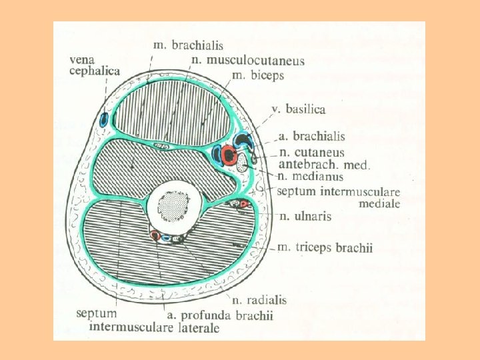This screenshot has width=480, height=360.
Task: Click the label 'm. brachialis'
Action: (188, 45)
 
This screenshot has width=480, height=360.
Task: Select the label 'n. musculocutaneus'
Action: (247, 61)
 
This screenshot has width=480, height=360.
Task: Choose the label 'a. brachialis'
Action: (311, 137)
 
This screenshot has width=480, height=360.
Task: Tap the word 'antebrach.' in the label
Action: (301, 164)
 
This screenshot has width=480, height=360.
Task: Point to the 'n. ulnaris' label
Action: (304, 216)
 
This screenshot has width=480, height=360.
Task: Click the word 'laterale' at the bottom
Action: (195, 327)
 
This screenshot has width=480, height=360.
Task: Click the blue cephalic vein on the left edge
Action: (103, 121)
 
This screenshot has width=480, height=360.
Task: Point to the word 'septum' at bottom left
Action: (97, 313)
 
